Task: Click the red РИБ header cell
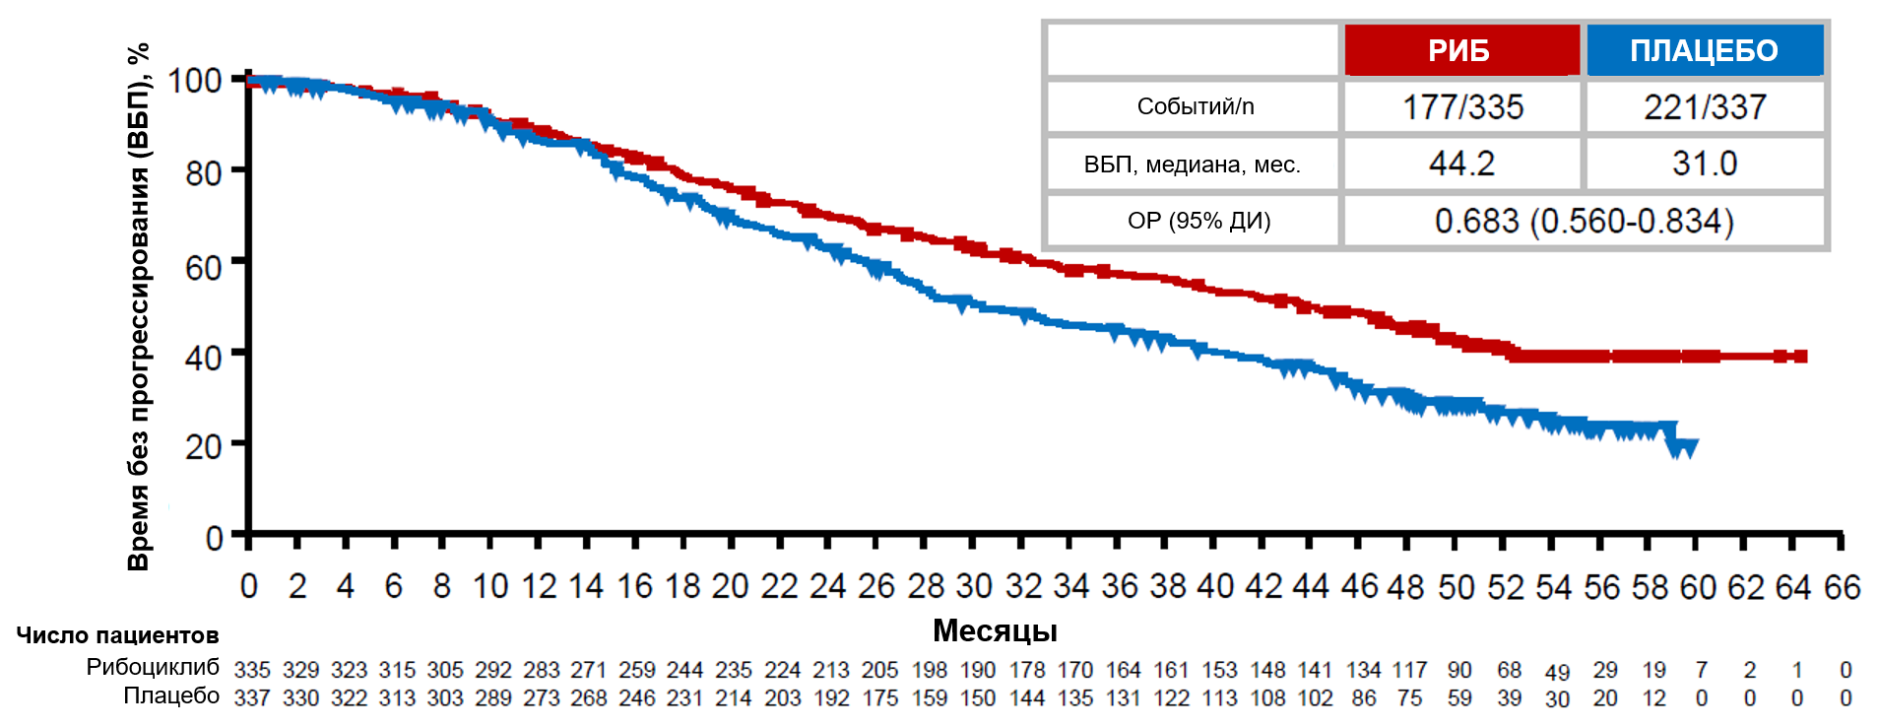[1460, 50]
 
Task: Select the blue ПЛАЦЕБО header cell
[1704, 50]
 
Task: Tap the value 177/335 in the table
[1462, 106]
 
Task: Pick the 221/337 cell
[1705, 106]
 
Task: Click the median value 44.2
[1461, 164]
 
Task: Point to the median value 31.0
[1705, 164]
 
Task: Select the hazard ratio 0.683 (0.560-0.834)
[1584, 221]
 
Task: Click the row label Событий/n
[1195, 106]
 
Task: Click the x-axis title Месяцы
[995, 630]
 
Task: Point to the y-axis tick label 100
[194, 81]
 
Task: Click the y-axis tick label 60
[203, 267]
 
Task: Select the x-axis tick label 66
[1842, 588]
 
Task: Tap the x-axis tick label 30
[974, 587]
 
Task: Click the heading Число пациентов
[117, 635]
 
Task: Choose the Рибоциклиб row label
[153, 667]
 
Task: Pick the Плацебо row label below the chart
[171, 695]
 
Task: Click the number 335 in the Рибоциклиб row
[252, 670]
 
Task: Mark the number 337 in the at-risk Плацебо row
[252, 698]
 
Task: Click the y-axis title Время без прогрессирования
[139, 305]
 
